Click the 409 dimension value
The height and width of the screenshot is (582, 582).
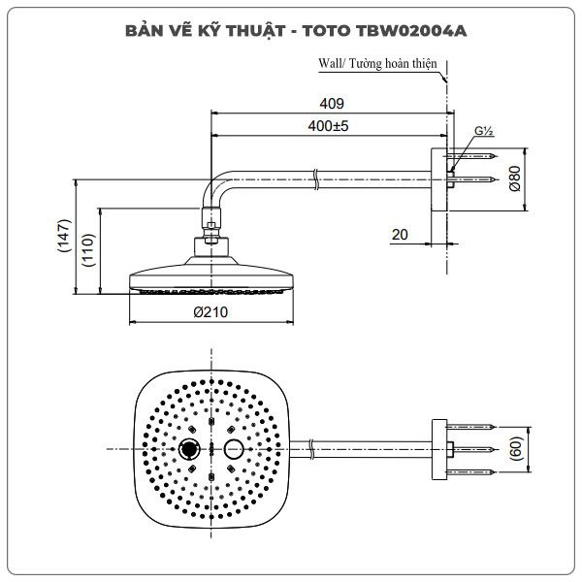point(332,103)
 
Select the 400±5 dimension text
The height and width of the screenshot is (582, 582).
point(328,126)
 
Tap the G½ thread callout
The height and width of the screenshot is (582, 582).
point(484,131)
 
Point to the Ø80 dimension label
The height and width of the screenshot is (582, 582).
point(515,178)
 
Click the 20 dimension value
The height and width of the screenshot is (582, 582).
point(400,235)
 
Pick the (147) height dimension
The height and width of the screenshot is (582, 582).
point(64,236)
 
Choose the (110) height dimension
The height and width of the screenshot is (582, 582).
point(88,250)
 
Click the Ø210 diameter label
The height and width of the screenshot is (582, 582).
point(210,311)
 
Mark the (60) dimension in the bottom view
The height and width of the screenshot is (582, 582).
point(516,449)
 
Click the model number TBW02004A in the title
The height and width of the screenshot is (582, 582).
point(411,31)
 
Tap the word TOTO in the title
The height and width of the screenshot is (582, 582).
point(326,31)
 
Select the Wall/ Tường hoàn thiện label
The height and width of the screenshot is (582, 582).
point(377,63)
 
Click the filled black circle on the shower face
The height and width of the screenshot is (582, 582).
point(189,449)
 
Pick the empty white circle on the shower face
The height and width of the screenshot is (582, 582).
point(234,449)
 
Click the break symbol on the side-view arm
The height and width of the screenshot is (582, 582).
point(315,179)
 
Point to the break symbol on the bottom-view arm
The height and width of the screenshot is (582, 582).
point(311,449)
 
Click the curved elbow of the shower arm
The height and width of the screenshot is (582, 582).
point(214,185)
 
